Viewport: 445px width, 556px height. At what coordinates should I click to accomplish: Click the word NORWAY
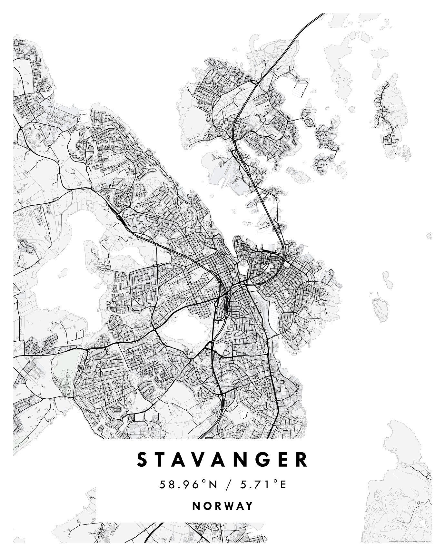click(222, 506)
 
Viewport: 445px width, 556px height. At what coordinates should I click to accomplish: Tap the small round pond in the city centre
click(242, 267)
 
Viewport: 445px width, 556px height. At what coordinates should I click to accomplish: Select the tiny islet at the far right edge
click(429, 236)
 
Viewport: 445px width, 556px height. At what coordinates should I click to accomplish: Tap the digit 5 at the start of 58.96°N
click(162, 484)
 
